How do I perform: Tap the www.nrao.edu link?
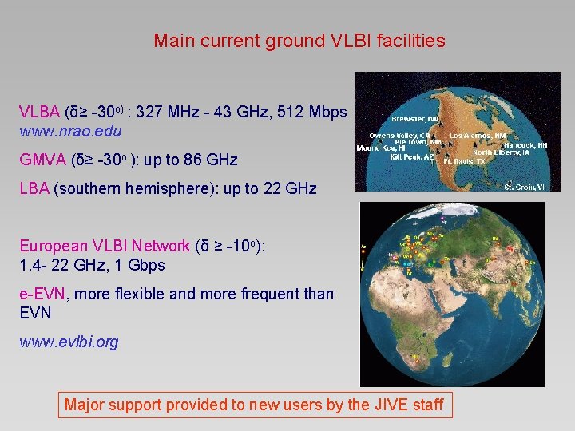pyautogui.click(x=70, y=129)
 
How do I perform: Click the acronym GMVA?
pyautogui.click(x=42, y=160)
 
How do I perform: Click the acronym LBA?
pyautogui.click(x=34, y=188)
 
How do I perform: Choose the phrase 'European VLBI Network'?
pyautogui.click(x=105, y=247)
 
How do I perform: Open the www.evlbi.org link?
pyautogui.click(x=69, y=342)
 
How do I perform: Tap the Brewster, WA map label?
pyautogui.click(x=414, y=118)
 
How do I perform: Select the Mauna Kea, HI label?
pyautogui.click(x=381, y=148)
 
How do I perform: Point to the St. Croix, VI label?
pyautogui.click(x=524, y=188)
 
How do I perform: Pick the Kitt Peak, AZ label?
pyautogui.click(x=411, y=158)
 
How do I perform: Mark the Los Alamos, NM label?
pyautogui.click(x=478, y=136)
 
